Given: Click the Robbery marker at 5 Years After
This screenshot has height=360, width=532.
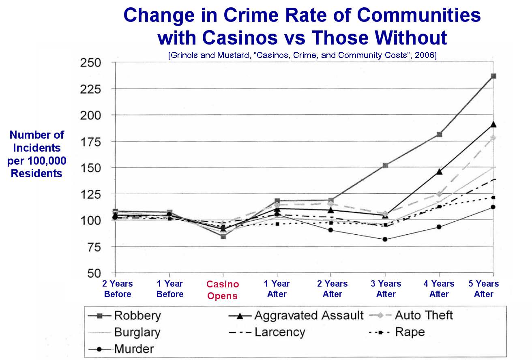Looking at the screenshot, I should point(493,76).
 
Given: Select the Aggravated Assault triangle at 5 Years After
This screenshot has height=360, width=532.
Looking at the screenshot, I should point(493,124).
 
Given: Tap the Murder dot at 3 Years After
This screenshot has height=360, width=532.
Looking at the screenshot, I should point(385,239).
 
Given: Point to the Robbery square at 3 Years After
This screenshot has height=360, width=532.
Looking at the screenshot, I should point(385,165).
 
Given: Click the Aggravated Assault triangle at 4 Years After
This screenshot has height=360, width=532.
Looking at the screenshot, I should point(439,171).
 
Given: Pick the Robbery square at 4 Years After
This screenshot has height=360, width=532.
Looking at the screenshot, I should point(439,134).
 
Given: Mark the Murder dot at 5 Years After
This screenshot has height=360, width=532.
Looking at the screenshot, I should point(493,207).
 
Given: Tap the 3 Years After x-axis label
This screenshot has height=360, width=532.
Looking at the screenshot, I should point(386,289).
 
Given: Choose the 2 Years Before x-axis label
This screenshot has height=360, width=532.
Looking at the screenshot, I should point(117,289).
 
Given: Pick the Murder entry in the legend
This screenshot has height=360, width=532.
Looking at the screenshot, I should point(134,348).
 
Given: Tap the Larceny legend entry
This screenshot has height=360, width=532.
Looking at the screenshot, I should point(280,332).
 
